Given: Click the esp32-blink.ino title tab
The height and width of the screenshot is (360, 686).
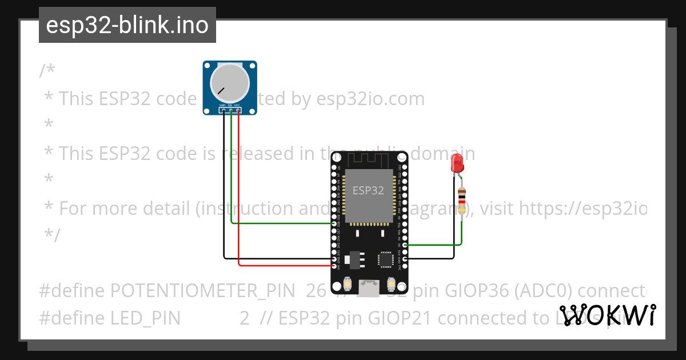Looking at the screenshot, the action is (127, 25).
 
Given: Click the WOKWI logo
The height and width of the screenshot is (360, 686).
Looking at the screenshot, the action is (608, 315).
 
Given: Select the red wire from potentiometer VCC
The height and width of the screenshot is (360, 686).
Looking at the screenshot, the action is (238, 189).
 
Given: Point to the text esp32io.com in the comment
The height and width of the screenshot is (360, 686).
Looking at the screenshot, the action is (370, 99).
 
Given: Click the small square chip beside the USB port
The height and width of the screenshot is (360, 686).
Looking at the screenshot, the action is (385, 259).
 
